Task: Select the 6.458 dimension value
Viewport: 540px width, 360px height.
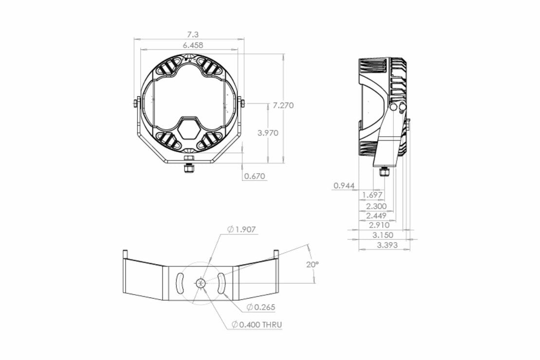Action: pyautogui.click(x=193, y=45)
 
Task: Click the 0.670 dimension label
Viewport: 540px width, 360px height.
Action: pyautogui.click(x=255, y=176)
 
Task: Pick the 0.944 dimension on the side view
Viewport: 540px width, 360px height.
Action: pyautogui.click(x=344, y=185)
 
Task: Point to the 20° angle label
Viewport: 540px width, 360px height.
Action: pyautogui.click(x=312, y=264)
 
